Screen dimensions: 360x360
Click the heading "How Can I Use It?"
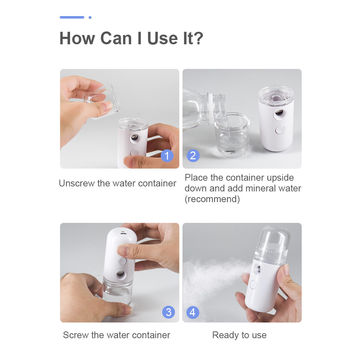pos(133,41)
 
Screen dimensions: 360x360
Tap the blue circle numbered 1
pos(167,155)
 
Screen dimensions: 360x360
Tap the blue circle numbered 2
pos(193,155)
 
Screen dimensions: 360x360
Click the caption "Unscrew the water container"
pos(118,183)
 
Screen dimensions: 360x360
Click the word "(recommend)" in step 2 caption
pos(212,199)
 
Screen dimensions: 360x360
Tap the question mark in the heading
pos(201,41)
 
